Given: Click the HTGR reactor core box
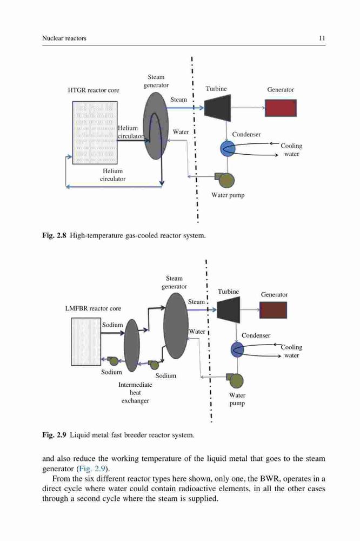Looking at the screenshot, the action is pyautogui.click(x=95, y=133).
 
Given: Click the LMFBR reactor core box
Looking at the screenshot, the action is pyautogui.click(x=86, y=341).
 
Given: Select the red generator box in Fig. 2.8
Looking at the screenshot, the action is pyautogui.click(x=281, y=108).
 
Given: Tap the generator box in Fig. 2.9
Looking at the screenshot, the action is pyautogui.click(x=273, y=310).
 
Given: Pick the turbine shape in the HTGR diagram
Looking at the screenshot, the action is pyautogui.click(x=218, y=108).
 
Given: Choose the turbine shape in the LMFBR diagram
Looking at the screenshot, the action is pyautogui.click(x=229, y=310).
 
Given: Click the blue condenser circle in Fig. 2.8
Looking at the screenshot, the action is pyautogui.click(x=228, y=149).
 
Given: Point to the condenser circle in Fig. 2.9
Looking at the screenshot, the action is pyautogui.click(x=237, y=349).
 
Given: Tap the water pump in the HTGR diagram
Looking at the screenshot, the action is pyautogui.click(x=225, y=180).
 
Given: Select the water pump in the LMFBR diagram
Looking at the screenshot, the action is pyautogui.click(x=235, y=380).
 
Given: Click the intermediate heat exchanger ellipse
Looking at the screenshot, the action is pyautogui.click(x=132, y=345).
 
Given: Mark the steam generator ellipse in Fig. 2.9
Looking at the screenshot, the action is pyautogui.click(x=176, y=326).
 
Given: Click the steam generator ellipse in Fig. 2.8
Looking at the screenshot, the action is pyautogui.click(x=156, y=126).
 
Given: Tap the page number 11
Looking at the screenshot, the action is pyautogui.click(x=322, y=38).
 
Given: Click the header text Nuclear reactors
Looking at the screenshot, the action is pyautogui.click(x=64, y=38).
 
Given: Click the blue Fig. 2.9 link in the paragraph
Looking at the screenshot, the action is pyautogui.click(x=91, y=469).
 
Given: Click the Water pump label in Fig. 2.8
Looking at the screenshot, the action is pyautogui.click(x=228, y=195).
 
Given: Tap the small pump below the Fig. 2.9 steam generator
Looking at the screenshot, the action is pyautogui.click(x=153, y=364).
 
